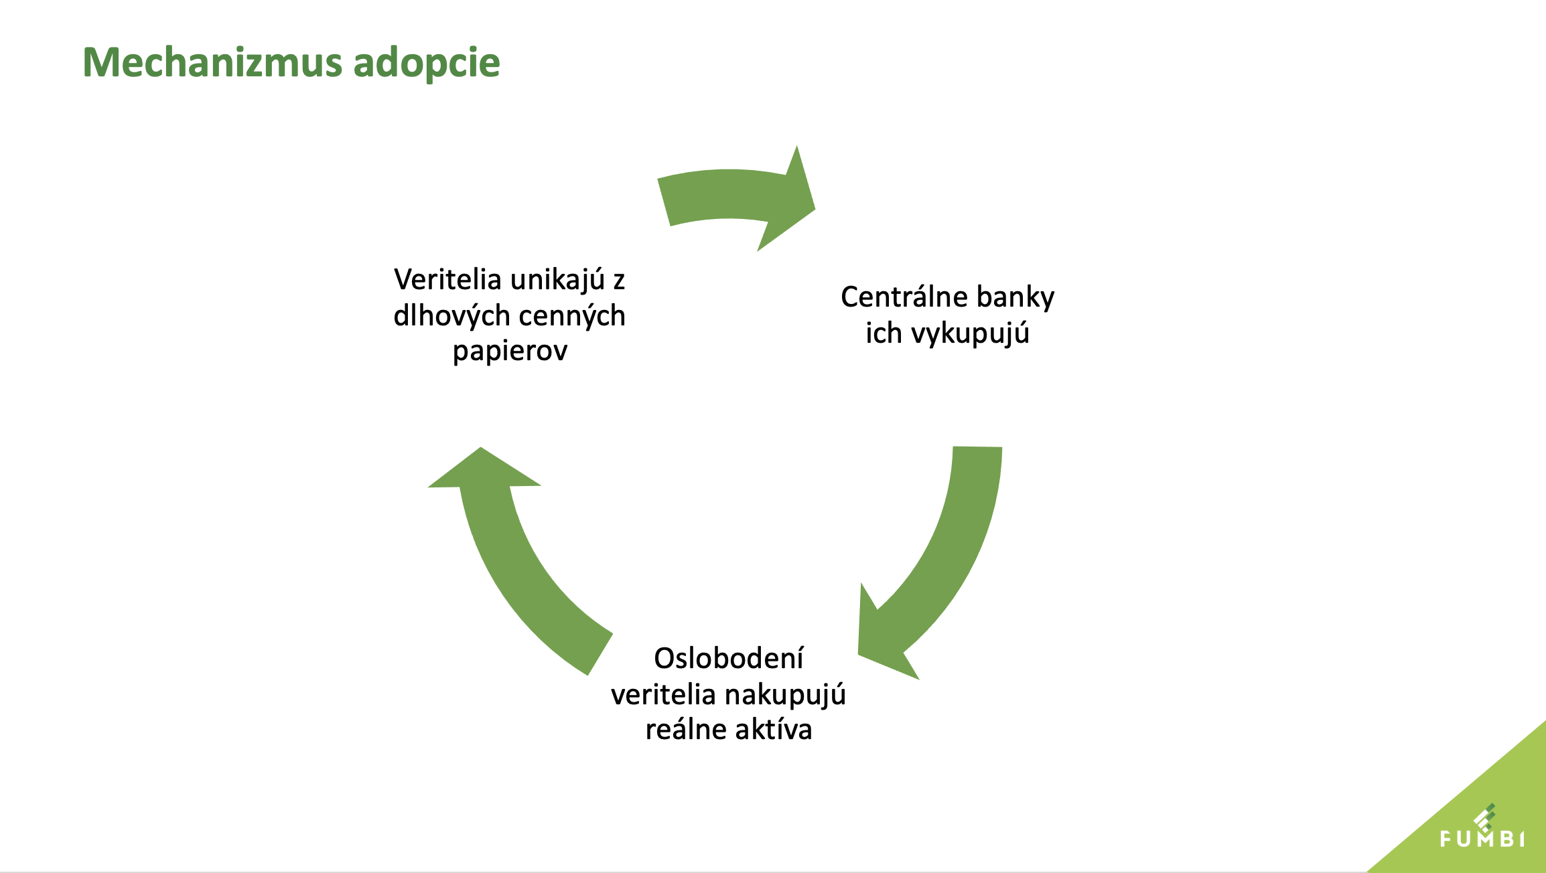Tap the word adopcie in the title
(426, 64)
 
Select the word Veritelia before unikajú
(447, 279)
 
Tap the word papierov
(510, 351)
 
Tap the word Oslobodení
(728, 658)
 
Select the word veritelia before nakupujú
(664, 694)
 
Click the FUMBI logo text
(1482, 838)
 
